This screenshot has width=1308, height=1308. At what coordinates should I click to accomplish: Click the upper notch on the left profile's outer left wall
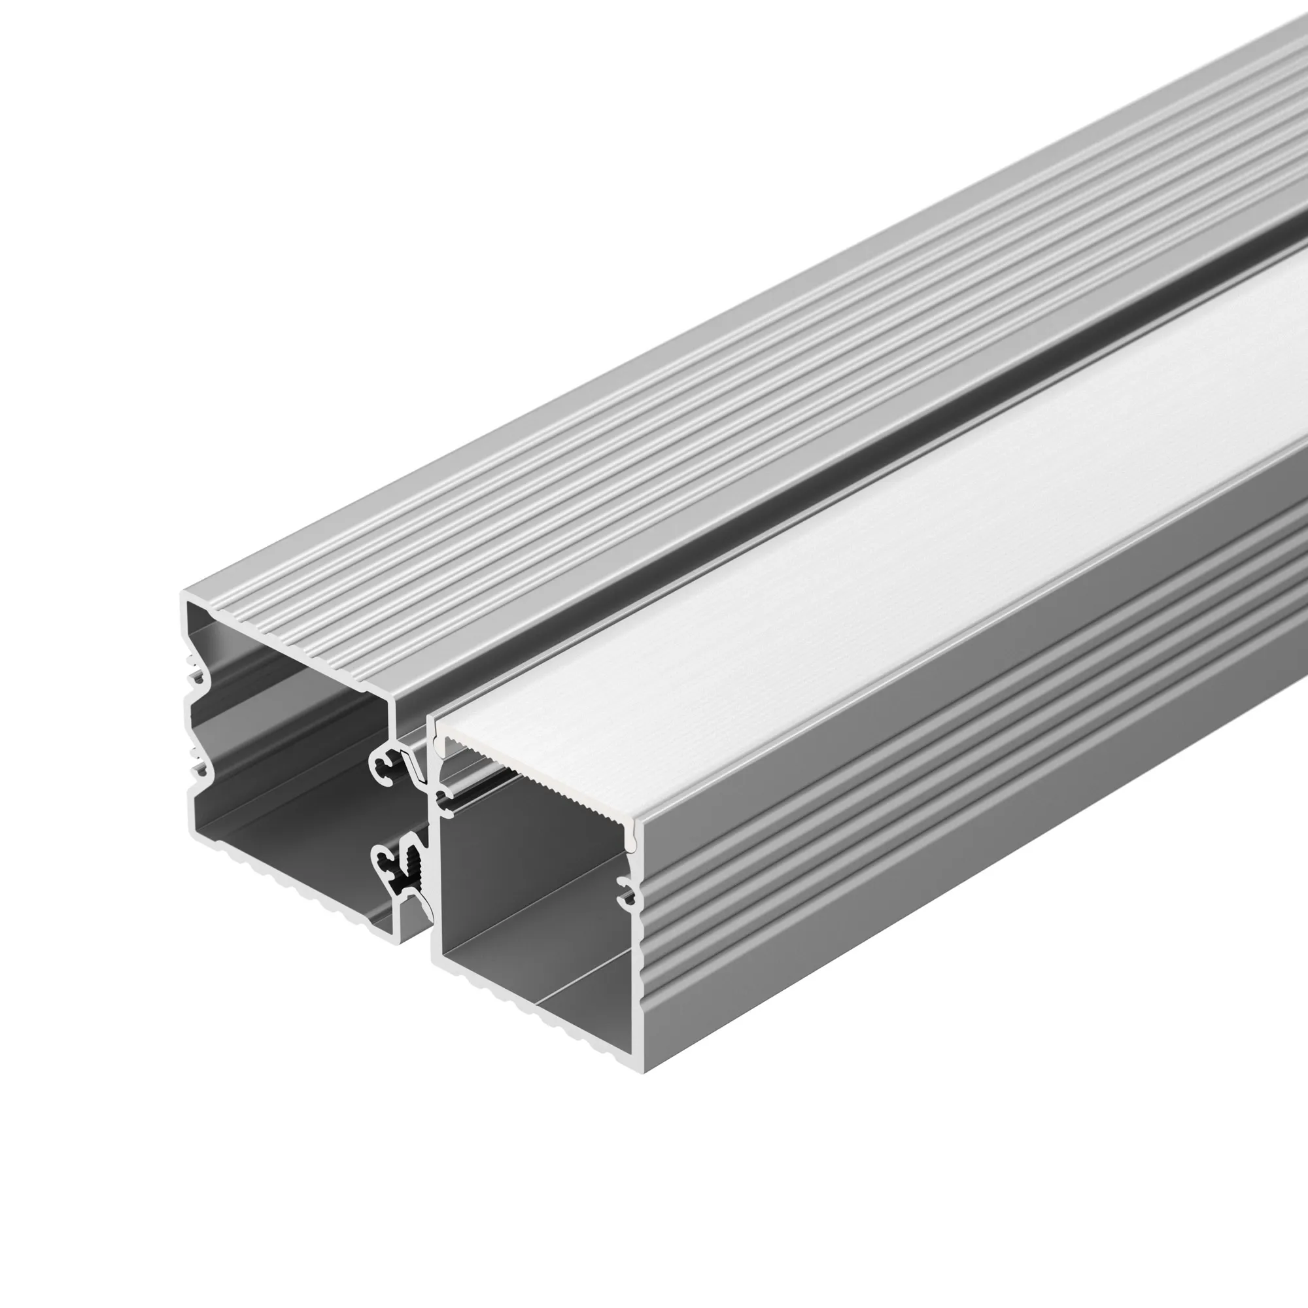tap(194, 677)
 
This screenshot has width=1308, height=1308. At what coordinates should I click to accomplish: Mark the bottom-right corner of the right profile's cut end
tap(642, 1071)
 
